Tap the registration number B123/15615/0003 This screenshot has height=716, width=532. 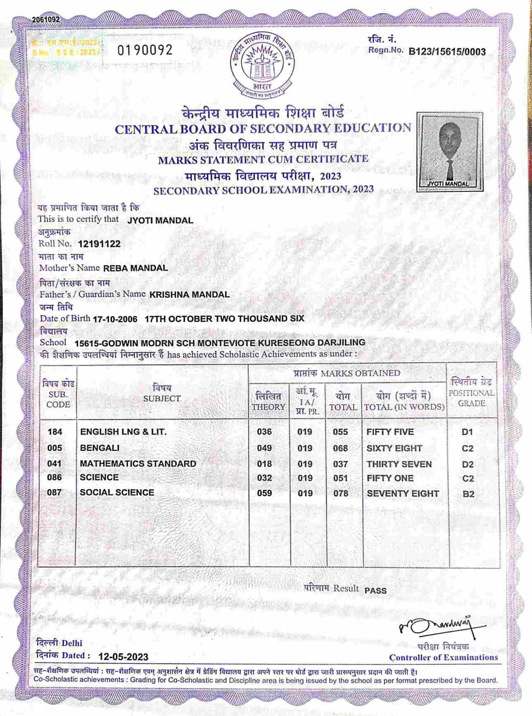coord(447,52)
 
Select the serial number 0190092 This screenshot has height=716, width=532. coord(145,50)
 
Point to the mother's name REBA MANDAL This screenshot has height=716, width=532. coord(136,268)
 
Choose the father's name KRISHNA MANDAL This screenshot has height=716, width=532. coord(189,295)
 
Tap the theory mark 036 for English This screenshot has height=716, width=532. coord(265,432)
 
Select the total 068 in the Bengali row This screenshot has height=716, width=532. coord(341,448)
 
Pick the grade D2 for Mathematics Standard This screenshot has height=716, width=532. coord(468,465)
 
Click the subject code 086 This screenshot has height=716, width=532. coord(55,477)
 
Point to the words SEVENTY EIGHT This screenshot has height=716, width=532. coord(403,493)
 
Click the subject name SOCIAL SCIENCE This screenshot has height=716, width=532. coord(117,492)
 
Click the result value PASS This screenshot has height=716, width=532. coord(376,591)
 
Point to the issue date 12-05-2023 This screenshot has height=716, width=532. coord(124,657)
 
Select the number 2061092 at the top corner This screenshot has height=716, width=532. coord(45,19)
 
